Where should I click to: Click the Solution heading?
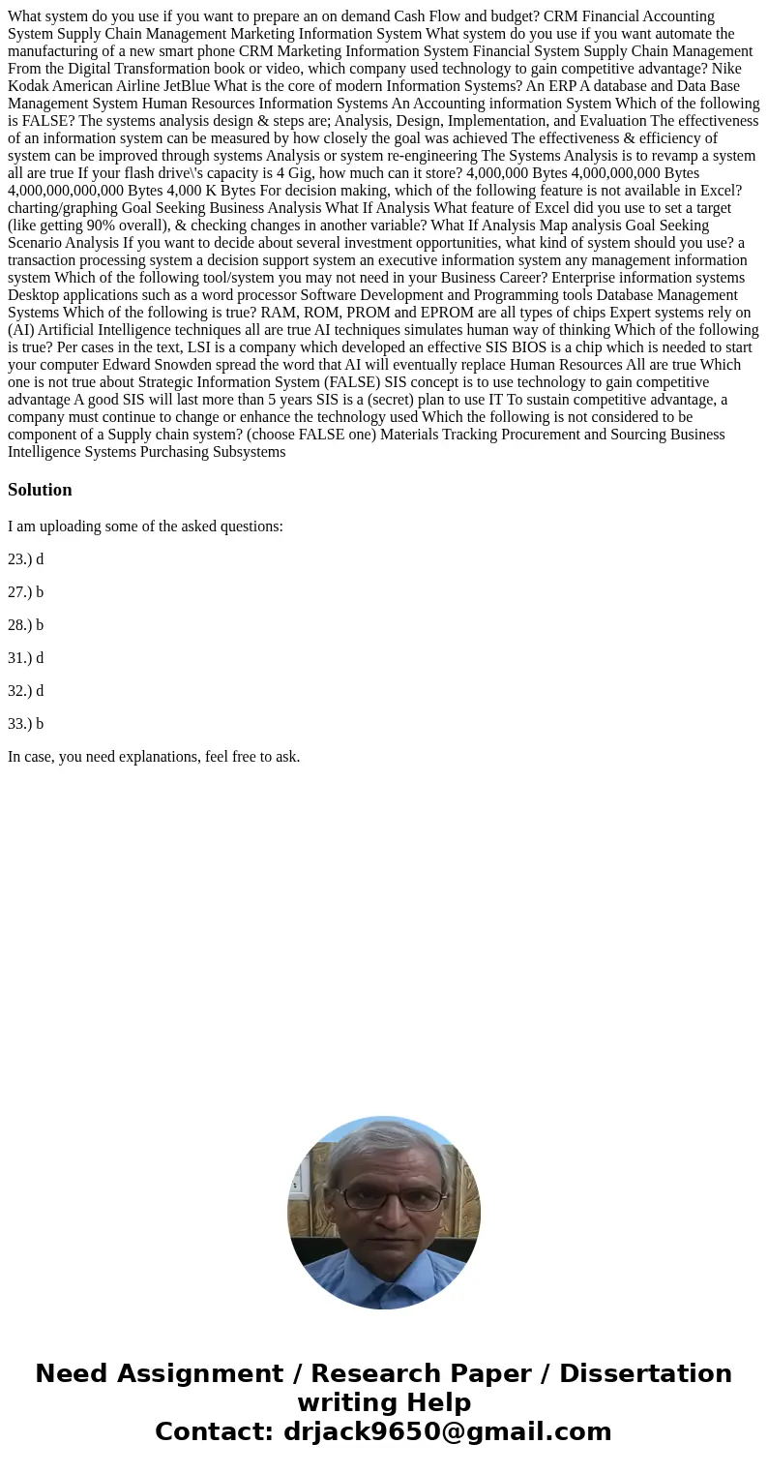[x=40, y=490]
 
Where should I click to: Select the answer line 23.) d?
[x=26, y=559]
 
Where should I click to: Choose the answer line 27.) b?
[x=26, y=592]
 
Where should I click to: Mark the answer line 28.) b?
[x=26, y=625]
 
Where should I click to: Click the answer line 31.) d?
[x=26, y=658]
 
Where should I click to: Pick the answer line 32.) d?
[x=26, y=691]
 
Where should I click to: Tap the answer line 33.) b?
[x=26, y=724]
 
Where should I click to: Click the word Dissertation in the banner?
[x=645, y=1374]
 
